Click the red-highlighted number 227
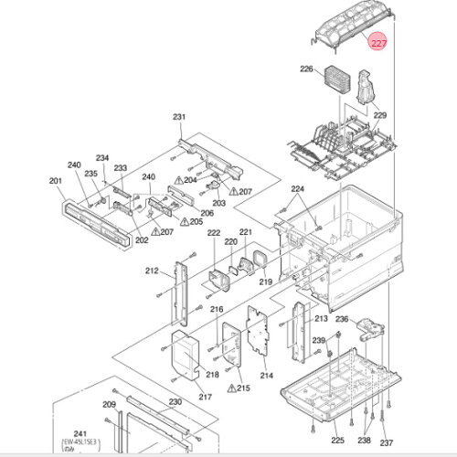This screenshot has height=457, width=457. click(378, 43)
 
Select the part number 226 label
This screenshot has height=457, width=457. click(306, 69)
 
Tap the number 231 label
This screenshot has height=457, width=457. click(179, 117)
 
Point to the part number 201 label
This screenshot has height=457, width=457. click(56, 181)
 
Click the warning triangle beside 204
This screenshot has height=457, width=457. click(178, 180)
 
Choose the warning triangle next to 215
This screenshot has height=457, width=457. click(231, 388)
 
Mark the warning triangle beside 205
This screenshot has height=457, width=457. click(184, 221)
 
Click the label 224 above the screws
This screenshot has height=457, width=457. click(297, 189)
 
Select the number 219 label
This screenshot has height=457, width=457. click(266, 282)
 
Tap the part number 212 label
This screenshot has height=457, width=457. click(152, 271)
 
